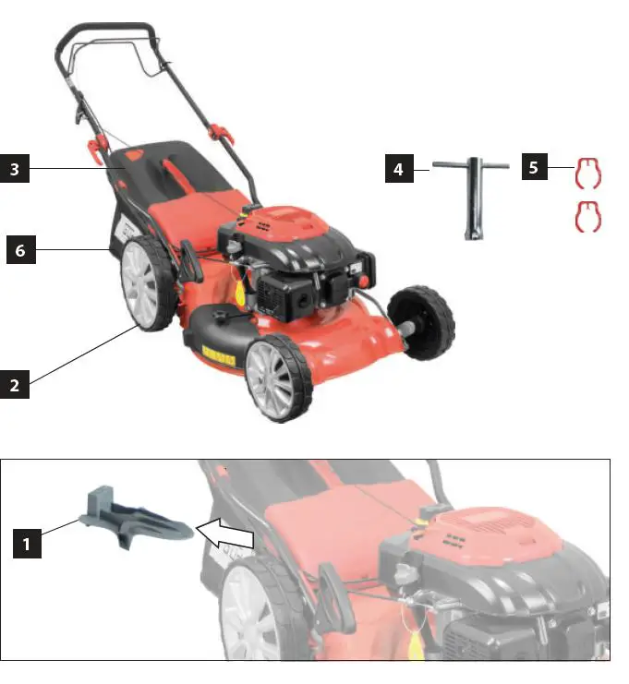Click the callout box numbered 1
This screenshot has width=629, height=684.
point(27,545)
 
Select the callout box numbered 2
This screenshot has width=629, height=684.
point(14,384)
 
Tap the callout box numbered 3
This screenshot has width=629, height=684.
point(14,169)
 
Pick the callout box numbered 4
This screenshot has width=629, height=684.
point(398,169)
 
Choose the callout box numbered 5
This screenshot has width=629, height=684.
point(534,168)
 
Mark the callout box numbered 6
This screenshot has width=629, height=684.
point(20,250)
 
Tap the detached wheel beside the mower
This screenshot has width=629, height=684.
point(422,321)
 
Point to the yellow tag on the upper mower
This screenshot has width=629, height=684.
point(239,294)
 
